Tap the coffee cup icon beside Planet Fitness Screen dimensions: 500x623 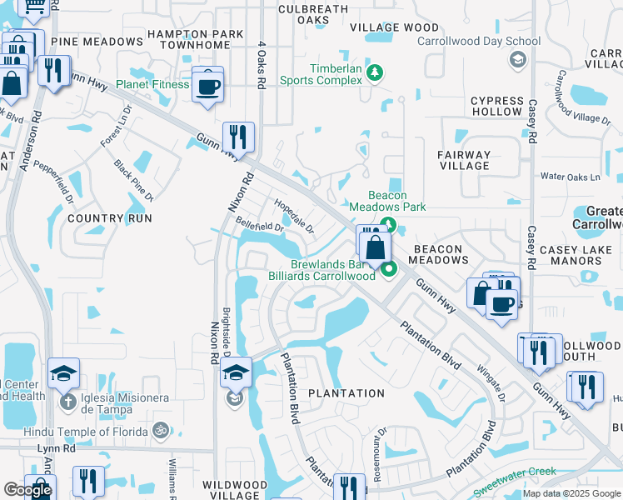click(207, 85)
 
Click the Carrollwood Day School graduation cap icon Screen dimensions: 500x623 click(517, 58)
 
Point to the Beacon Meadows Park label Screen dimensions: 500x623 click(387, 201)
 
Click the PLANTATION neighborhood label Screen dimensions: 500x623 click(346, 393)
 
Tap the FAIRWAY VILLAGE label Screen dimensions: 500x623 click(464, 160)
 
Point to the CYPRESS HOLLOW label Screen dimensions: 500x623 click(496, 106)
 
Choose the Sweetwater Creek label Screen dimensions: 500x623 click(514, 472)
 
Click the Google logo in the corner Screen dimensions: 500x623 click(27, 490)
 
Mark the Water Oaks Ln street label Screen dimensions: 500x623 click(570, 177)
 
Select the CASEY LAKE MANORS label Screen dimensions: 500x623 click(571, 255)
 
